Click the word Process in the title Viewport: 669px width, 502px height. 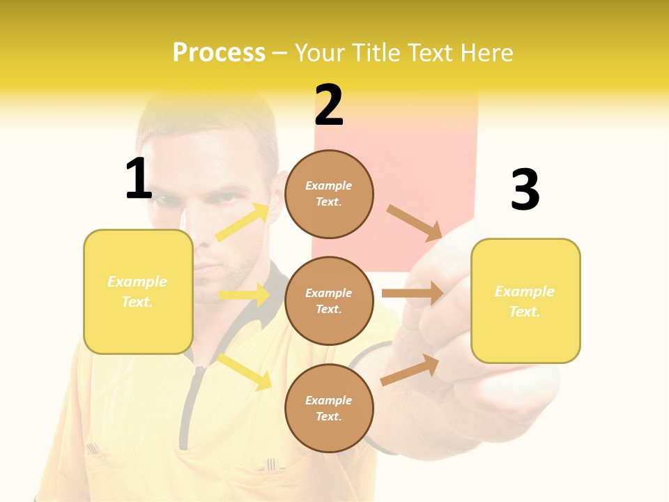[x=219, y=53]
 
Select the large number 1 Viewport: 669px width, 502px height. [x=139, y=179]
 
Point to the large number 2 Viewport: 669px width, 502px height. [x=329, y=105]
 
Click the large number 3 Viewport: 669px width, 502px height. [x=525, y=190]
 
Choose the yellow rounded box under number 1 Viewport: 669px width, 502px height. [x=138, y=291]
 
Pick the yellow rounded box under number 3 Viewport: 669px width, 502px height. [x=525, y=301]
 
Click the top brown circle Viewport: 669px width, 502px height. [x=329, y=194]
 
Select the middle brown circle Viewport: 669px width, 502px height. [x=329, y=301]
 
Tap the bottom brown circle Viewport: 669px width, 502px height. [x=329, y=408]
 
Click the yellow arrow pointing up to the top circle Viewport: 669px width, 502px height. [x=243, y=222]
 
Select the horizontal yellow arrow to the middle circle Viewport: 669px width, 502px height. [x=243, y=295]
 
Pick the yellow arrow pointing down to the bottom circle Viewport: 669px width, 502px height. [x=244, y=372]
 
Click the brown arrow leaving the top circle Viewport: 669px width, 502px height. [x=414, y=222]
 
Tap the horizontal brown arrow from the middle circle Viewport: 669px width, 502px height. [x=412, y=293]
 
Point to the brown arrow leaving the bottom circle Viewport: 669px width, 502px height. [x=410, y=370]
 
